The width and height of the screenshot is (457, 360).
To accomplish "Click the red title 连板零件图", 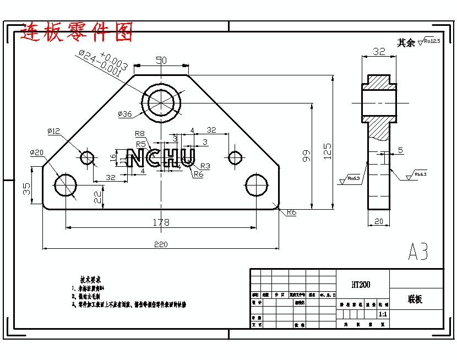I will [77, 32].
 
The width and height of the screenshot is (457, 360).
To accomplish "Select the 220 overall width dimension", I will [161, 244].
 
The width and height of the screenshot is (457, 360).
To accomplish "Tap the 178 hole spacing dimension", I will [161, 222].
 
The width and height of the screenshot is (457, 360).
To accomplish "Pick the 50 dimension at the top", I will [161, 61].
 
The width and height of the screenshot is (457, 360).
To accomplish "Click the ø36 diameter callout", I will [125, 114].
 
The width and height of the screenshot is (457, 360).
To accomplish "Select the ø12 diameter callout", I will [53, 131].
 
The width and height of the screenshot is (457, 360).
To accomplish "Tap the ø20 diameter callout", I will [37, 152].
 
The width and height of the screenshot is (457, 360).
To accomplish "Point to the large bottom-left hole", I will [66, 184].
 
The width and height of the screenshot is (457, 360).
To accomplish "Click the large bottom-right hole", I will [256, 184].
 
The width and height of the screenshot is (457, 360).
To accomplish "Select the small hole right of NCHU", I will [236, 157].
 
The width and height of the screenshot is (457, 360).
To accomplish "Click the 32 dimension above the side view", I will [379, 51].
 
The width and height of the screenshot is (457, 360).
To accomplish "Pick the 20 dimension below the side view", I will [379, 221].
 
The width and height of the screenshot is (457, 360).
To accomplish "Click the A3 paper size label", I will [417, 252].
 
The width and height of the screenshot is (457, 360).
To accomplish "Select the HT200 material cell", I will [361, 285].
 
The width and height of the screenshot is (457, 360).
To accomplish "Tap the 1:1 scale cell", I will [383, 314].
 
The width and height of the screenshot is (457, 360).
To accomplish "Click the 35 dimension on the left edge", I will [26, 189].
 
